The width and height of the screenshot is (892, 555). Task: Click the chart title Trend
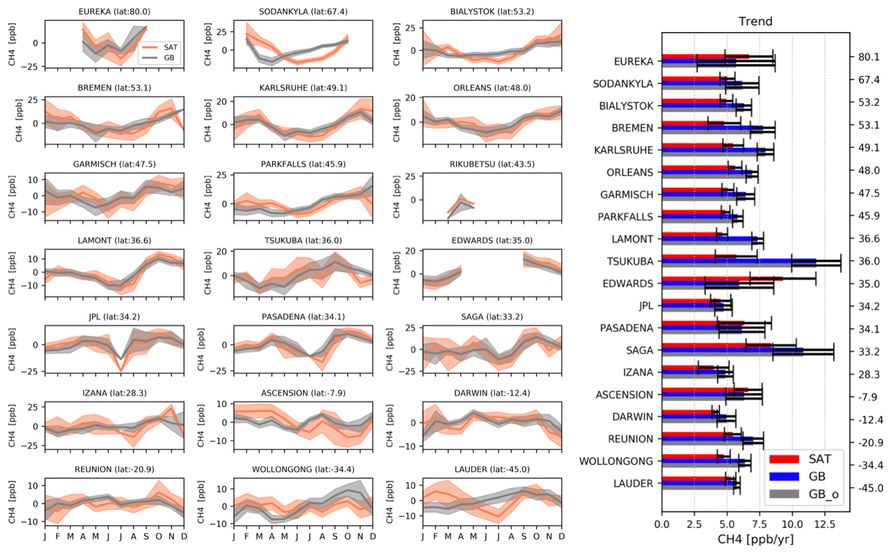coord(755,21)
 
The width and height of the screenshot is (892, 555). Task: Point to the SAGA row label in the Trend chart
coord(639,351)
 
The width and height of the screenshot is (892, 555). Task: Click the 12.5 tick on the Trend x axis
coord(825,524)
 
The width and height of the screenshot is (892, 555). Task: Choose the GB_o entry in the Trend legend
coord(823,494)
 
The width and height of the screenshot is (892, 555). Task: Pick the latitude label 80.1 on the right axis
coord(868,57)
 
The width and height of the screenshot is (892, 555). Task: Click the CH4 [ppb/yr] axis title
coord(755,539)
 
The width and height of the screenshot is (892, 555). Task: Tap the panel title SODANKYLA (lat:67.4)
coord(303,11)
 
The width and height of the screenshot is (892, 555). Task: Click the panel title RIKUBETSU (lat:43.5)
coord(492,164)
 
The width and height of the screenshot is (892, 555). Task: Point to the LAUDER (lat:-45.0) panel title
coord(492,469)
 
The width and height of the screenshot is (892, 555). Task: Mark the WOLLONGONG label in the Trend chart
coord(616,461)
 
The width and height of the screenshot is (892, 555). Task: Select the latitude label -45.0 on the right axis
coord(868,487)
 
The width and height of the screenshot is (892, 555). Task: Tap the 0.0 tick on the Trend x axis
coord(662,524)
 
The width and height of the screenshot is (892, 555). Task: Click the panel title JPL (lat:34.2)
coord(114,317)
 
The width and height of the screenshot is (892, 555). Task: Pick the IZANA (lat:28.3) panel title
coord(114,393)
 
